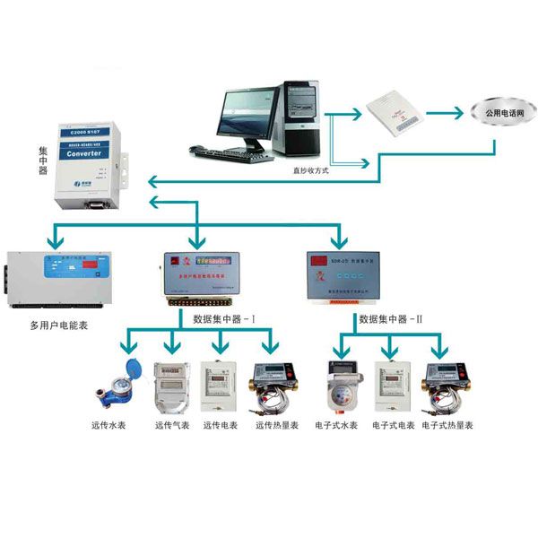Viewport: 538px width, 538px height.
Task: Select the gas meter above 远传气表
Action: (x=171, y=386)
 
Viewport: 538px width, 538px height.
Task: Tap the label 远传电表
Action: (x=221, y=425)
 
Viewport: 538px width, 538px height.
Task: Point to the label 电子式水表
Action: (x=336, y=425)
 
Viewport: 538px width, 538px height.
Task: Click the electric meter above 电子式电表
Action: (x=392, y=386)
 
